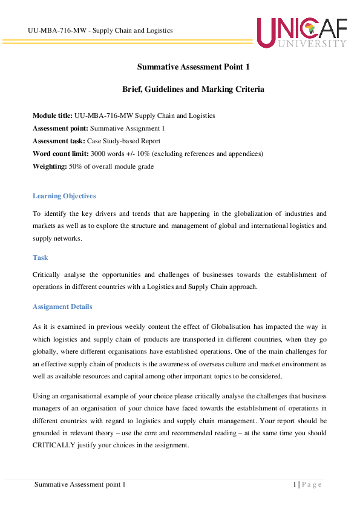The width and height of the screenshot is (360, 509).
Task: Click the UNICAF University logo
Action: [301, 33]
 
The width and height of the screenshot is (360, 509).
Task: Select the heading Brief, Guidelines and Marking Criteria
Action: [193, 89]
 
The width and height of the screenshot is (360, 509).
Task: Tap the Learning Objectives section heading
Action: [64, 196]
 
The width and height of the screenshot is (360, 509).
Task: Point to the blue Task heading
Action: [41, 258]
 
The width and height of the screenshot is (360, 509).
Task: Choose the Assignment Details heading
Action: [62, 306]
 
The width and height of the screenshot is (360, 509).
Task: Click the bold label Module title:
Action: [53, 115]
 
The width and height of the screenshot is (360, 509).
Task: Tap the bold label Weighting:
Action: [50, 166]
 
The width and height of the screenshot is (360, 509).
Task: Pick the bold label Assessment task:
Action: [59, 141]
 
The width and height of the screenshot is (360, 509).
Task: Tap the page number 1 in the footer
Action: [294, 484]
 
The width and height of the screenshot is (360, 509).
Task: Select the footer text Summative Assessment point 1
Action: [80, 484]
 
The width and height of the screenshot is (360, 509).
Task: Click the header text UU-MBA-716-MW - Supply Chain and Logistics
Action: [100, 30]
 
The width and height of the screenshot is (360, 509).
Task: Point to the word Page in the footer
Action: [312, 484]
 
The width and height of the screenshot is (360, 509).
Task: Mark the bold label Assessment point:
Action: [61, 128]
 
